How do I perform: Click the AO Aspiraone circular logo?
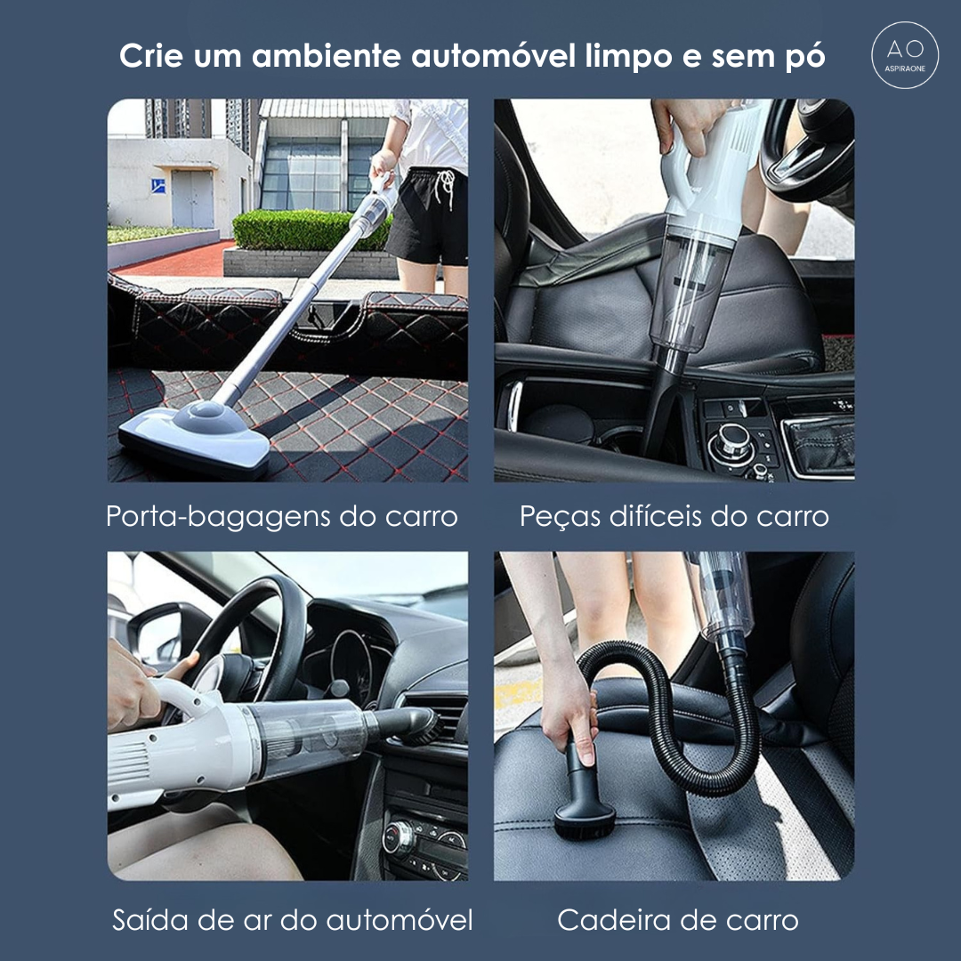pos(905,55)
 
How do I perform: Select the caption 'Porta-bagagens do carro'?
pos(282,516)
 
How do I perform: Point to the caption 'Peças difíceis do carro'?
pos(674,516)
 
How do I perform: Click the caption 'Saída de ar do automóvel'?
pos(292,920)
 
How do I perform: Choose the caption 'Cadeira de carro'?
pos(677,920)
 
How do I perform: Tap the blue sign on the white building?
pos(157,185)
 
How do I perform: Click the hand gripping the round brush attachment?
pos(569,712)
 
